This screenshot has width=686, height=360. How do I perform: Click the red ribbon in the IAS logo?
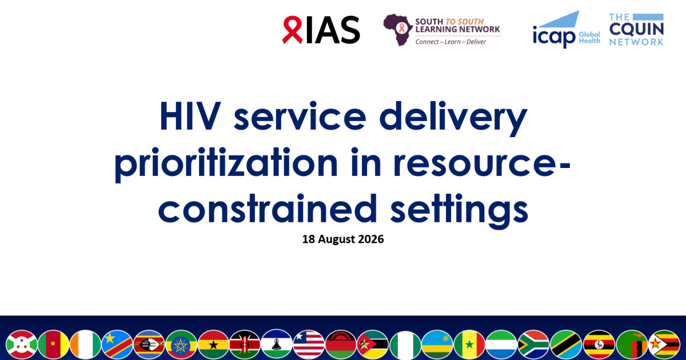(x=292, y=29)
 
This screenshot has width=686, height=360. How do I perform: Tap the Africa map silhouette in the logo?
(x=398, y=29)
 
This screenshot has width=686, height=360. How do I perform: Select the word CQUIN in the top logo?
(x=636, y=29)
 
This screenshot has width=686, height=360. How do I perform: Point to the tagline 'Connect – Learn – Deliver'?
(x=450, y=42)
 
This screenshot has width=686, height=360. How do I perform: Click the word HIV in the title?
(x=190, y=117)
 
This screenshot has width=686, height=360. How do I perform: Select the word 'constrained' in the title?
(x=268, y=209)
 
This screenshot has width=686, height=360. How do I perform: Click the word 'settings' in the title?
(x=460, y=211)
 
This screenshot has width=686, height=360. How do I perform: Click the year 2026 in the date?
(x=371, y=239)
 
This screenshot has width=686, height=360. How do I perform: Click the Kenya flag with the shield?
(x=245, y=345)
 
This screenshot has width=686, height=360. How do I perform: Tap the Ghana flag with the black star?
(x=213, y=345)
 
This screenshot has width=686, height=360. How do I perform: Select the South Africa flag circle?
(x=533, y=345)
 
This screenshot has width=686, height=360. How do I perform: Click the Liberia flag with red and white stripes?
(x=309, y=345)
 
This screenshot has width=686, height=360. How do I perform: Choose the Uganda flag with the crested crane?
(x=599, y=345)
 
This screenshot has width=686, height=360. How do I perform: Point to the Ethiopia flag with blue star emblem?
(x=181, y=345)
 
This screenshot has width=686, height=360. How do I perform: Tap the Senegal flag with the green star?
(x=469, y=345)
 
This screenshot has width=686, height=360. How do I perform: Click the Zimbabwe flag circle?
(x=664, y=345)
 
